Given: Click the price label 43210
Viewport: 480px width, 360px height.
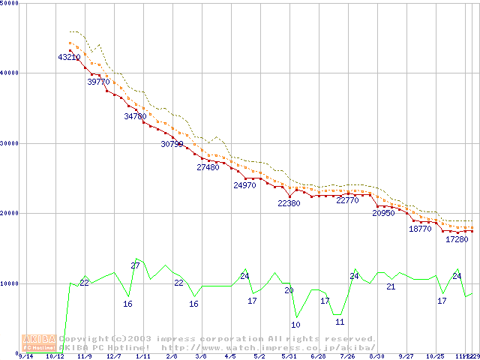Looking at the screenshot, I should [x=69, y=57].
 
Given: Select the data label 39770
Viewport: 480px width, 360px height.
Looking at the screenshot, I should [x=98, y=82].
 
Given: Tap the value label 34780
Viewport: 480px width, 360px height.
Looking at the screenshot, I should [x=136, y=116].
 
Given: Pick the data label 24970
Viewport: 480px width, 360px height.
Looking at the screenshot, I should [x=244, y=185].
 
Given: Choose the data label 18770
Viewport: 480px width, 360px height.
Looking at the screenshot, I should [x=420, y=229].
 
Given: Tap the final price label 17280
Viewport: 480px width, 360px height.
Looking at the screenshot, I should [x=457, y=239].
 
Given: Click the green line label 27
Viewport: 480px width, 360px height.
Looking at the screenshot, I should [x=136, y=265].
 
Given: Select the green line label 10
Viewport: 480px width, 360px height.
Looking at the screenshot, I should [x=295, y=325].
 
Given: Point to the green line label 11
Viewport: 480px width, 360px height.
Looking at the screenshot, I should [x=340, y=322].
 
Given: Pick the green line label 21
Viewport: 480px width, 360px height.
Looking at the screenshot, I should [x=391, y=286].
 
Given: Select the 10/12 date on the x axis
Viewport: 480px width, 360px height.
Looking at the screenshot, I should [x=54, y=356].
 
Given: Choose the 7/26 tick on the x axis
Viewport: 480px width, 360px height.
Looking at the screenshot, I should [x=348, y=356].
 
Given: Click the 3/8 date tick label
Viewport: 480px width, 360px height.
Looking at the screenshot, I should [x=201, y=356].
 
